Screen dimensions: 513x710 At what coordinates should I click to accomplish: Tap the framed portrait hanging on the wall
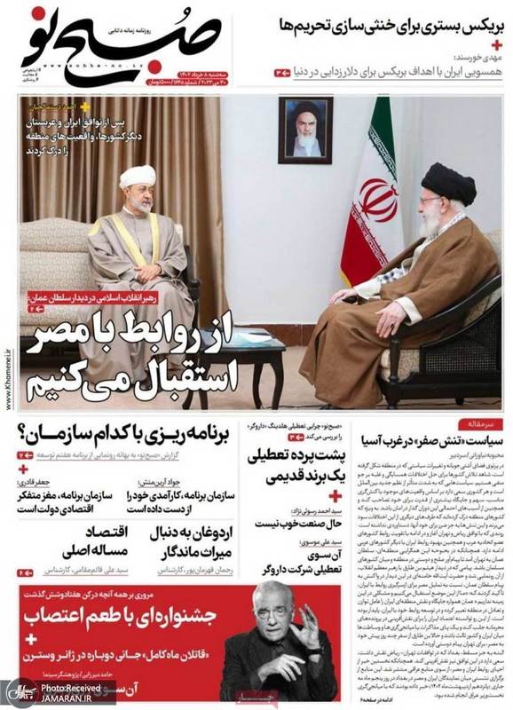pyautogui.click(x=305, y=130)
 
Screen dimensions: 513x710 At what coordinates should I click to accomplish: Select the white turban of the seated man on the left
pyautogui.click(x=138, y=177)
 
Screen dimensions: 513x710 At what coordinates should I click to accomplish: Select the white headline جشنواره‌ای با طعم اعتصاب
pyautogui.click(x=121, y=614)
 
